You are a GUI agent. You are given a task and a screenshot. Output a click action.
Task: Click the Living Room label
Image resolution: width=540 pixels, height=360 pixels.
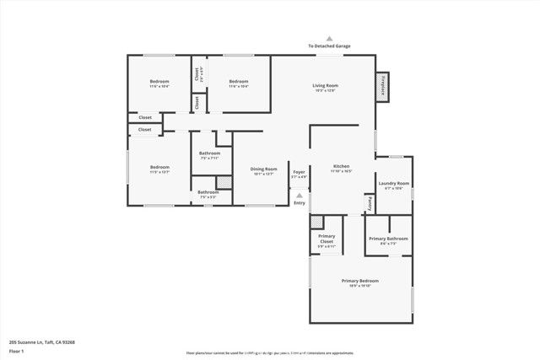325,85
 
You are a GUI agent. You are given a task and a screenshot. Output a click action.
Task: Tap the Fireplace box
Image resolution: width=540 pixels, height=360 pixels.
383,87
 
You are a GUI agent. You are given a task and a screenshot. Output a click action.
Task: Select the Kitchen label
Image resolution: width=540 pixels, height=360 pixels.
341,166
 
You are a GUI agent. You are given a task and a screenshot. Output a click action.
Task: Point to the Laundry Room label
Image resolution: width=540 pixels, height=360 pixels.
393,183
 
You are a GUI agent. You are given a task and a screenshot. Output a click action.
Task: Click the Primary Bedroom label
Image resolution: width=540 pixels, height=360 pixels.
359,280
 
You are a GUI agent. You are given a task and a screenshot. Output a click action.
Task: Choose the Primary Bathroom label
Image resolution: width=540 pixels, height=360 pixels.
388,239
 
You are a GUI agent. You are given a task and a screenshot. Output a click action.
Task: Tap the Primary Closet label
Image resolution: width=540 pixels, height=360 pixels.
327,239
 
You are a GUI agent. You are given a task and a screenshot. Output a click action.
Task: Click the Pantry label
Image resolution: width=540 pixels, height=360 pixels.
370,203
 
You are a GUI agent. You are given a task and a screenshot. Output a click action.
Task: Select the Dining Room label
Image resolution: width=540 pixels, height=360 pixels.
263,169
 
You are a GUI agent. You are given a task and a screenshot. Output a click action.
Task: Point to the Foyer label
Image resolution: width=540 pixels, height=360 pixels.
299,172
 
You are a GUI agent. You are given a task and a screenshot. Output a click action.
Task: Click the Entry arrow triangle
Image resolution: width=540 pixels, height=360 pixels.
299,196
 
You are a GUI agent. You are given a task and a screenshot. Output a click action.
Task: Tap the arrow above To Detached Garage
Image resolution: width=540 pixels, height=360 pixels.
329,38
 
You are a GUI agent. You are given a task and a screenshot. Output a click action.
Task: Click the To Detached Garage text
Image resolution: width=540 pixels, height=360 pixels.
329,46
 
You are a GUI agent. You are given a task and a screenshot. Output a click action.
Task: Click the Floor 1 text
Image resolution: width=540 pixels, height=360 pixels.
16,350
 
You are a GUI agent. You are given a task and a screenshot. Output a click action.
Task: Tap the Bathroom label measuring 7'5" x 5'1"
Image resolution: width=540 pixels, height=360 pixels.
208,192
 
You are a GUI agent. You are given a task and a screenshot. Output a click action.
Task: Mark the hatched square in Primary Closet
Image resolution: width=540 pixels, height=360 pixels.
316,222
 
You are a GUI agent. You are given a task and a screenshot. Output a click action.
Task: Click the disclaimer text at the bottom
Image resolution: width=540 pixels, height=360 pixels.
270,353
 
